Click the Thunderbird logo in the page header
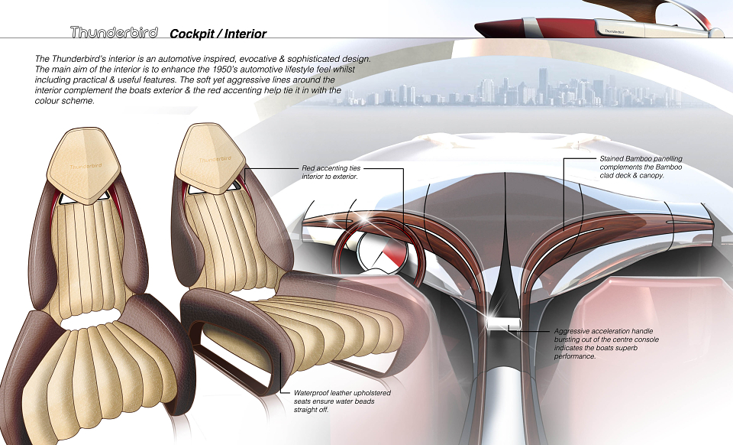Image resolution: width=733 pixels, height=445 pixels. click(114, 32)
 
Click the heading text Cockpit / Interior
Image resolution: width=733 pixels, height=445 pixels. click(218, 34)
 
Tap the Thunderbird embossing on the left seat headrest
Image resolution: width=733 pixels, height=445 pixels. click(86, 166)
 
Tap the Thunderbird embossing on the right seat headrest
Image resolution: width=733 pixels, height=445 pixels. click(215, 159)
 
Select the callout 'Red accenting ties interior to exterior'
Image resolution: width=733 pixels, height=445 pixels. click(331, 172)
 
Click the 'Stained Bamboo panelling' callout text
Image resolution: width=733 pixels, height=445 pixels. click(641, 167)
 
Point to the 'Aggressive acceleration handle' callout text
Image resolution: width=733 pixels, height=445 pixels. click(606, 343)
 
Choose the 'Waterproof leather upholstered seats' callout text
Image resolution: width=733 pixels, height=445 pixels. click(342, 401)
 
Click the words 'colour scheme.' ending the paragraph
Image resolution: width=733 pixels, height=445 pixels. click(64, 101)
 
